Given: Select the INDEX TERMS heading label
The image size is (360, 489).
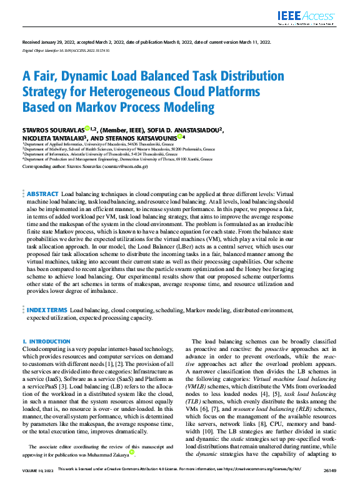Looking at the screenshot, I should (47, 310).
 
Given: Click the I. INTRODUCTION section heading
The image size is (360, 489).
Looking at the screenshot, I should (42, 342).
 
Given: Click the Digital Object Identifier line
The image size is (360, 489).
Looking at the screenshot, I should (66, 49).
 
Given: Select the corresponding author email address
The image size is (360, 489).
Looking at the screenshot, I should (125, 167).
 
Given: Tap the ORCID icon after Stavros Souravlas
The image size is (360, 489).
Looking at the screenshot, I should (87, 129).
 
